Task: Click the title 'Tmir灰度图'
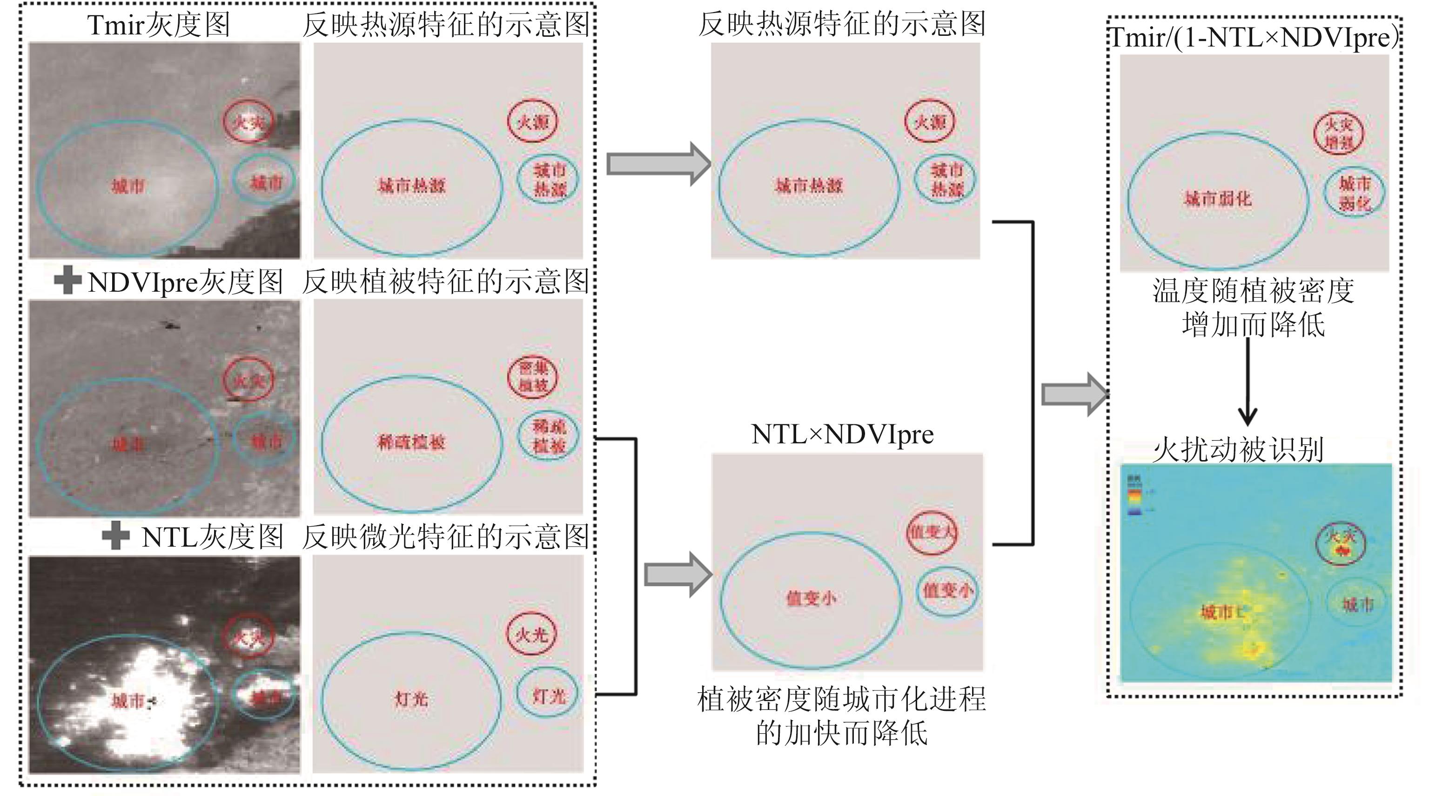click(x=158, y=25)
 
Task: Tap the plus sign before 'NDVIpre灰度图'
click(x=67, y=281)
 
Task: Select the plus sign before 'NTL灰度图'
click(x=116, y=536)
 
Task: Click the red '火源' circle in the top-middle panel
click(x=929, y=121)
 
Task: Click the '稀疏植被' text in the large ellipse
click(x=411, y=442)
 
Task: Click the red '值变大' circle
click(x=932, y=533)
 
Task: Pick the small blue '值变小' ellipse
click(x=946, y=591)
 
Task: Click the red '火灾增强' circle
click(x=1339, y=133)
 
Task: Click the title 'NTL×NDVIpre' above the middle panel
click(x=842, y=435)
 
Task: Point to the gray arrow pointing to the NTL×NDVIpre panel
click(x=678, y=575)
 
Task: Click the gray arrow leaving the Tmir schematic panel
click(x=658, y=164)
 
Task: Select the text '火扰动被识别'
click(x=1238, y=449)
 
